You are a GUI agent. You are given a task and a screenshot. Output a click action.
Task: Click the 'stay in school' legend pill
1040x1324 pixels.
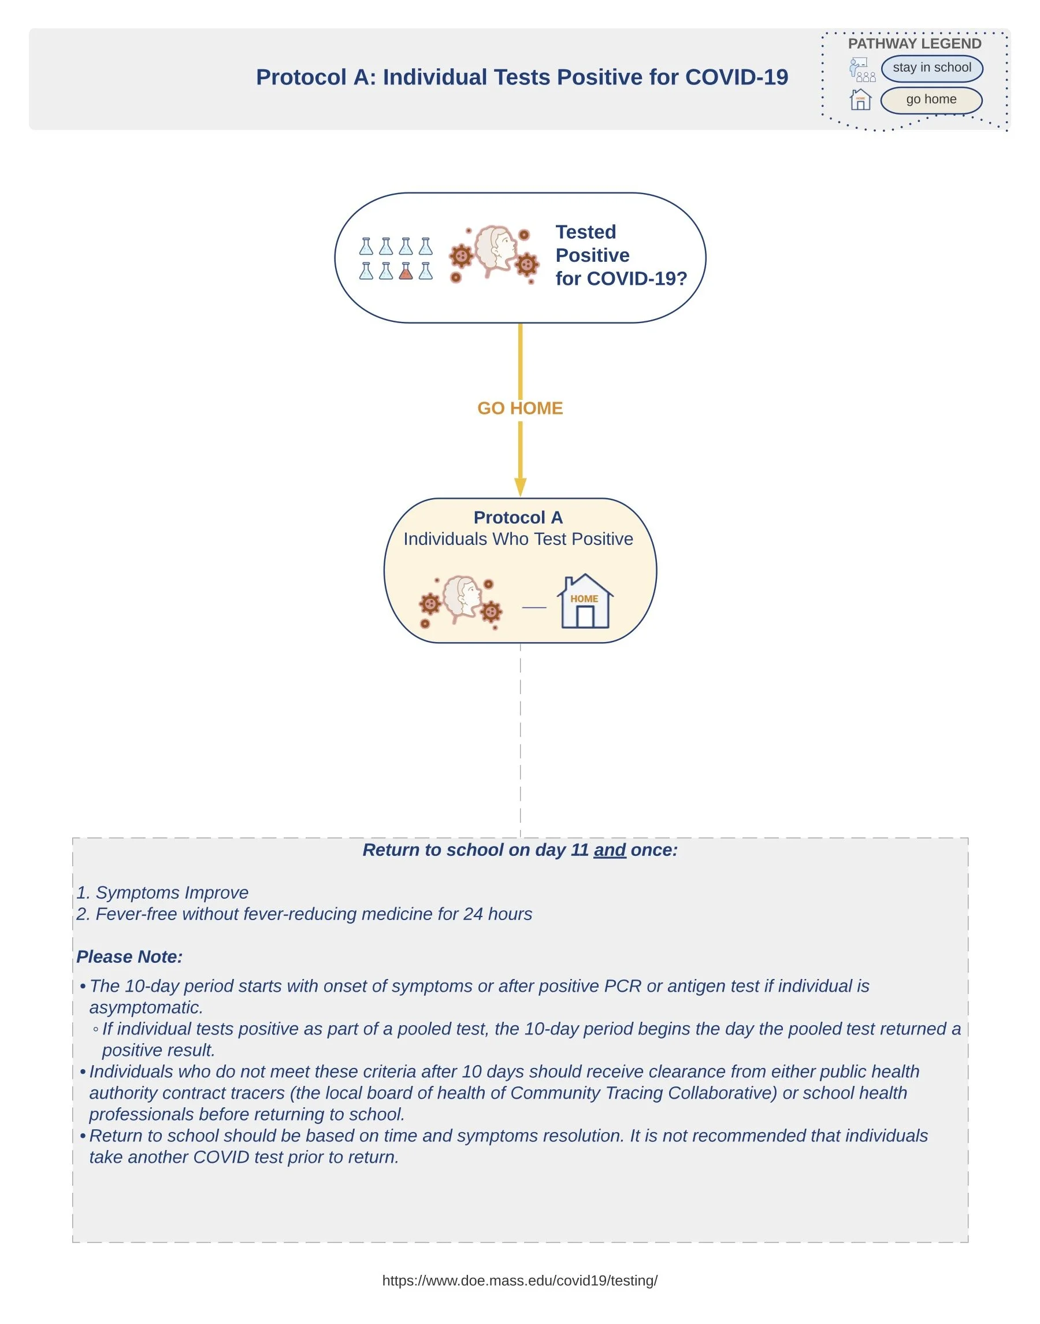pos(931,68)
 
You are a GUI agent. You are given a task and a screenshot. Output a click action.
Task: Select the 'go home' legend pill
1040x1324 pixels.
pos(931,100)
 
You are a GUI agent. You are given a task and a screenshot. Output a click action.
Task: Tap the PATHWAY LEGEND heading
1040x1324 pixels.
pos(914,44)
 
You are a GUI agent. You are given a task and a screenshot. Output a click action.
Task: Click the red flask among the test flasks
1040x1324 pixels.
pos(406,271)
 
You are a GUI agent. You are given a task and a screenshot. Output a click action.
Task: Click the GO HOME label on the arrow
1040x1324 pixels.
pos(520,408)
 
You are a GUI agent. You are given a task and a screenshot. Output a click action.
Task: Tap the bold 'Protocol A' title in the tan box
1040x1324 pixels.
pos(518,518)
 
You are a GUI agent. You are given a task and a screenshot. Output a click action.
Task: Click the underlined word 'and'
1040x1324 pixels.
pos(610,850)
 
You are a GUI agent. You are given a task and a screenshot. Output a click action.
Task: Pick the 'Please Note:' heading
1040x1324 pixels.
pos(129,957)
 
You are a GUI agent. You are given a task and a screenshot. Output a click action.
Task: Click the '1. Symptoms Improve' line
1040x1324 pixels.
pos(162,893)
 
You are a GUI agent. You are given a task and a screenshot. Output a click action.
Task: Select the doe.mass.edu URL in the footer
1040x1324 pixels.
pos(519,1280)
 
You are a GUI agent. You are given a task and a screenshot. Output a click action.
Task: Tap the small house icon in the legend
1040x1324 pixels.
pos(860,100)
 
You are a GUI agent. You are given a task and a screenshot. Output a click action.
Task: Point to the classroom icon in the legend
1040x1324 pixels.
pos(861,69)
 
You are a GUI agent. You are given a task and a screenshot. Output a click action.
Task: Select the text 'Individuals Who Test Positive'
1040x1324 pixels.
pos(518,539)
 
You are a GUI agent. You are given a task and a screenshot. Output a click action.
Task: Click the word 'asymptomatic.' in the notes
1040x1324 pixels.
pos(146,1008)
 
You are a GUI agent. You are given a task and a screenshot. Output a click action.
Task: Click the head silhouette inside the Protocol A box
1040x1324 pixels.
pos(462,598)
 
